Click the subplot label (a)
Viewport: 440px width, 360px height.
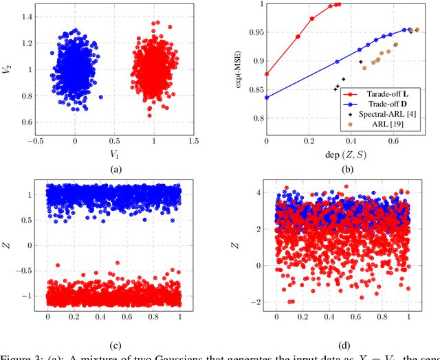click(x=114, y=170)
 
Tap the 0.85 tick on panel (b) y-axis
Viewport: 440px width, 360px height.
click(x=254, y=89)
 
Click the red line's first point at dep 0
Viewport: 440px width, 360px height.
click(x=267, y=74)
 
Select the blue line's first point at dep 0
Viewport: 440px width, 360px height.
click(x=267, y=98)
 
